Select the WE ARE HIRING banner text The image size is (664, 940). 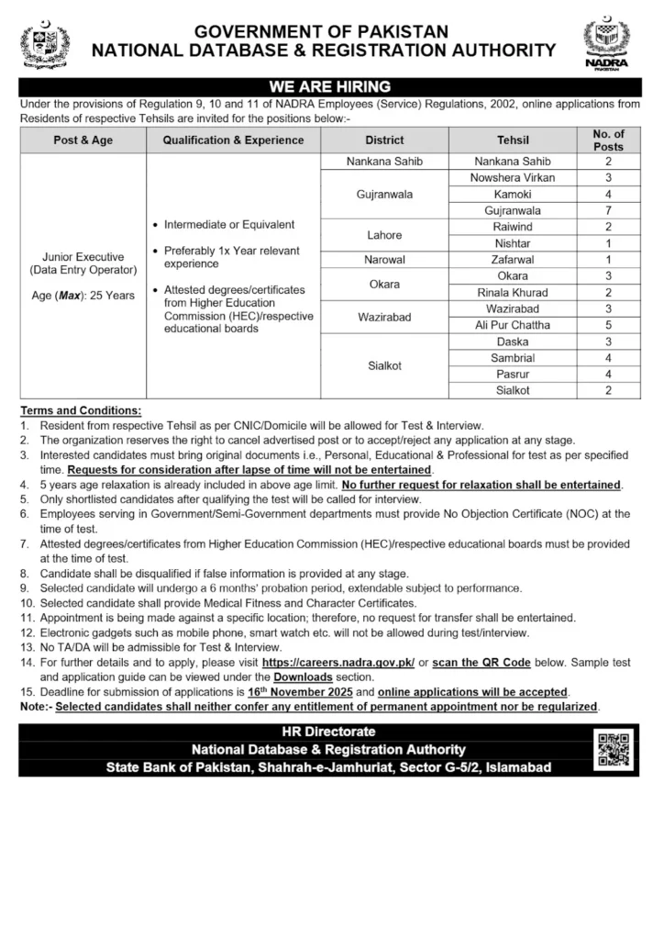(331, 86)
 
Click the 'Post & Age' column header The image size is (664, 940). (83, 140)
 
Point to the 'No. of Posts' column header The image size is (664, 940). (608, 140)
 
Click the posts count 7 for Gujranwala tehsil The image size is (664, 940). (608, 210)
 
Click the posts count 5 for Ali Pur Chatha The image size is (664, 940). (608, 325)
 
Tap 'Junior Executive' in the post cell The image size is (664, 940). (83, 257)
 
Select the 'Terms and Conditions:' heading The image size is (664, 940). (81, 410)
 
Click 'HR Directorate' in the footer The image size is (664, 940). (331, 733)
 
